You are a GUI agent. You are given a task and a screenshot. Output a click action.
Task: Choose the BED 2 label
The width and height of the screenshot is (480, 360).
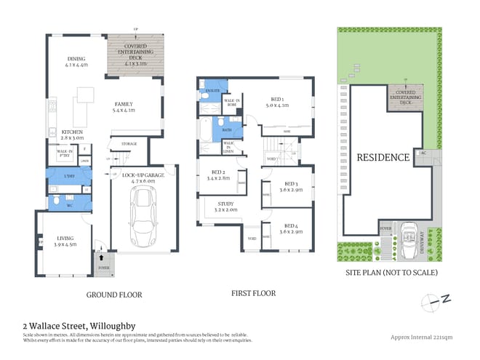pyautogui.click(x=219, y=173)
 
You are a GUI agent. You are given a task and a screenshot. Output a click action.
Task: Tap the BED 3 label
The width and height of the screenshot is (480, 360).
pyautogui.click(x=292, y=185)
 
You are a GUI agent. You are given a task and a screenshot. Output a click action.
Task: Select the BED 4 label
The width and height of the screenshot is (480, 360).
pyautogui.click(x=292, y=227)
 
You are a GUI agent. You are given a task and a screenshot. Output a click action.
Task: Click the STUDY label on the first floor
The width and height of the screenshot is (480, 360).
pyautogui.click(x=226, y=205)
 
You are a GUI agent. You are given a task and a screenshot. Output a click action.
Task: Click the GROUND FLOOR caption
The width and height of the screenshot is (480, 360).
pyautogui.click(x=114, y=295)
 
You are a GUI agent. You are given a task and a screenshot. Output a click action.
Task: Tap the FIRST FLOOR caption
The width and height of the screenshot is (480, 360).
pyautogui.click(x=254, y=294)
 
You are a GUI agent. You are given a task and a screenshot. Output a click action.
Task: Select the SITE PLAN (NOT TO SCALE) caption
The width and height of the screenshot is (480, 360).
pyautogui.click(x=392, y=273)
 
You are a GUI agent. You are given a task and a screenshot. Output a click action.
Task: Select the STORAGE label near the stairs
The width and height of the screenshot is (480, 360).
pyautogui.click(x=129, y=144)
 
